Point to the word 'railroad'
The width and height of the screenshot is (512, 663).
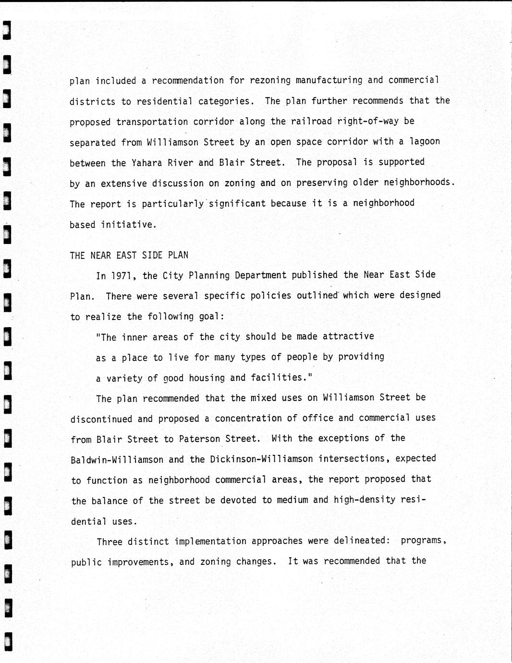click(x=311, y=122)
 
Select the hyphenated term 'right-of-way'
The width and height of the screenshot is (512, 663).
click(x=368, y=122)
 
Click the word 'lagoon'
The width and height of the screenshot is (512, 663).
click(x=424, y=142)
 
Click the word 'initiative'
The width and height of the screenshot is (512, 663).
click(x=128, y=224)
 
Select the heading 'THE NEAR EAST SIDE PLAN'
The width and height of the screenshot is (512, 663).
click(x=129, y=255)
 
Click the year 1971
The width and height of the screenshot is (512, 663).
click(x=124, y=276)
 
